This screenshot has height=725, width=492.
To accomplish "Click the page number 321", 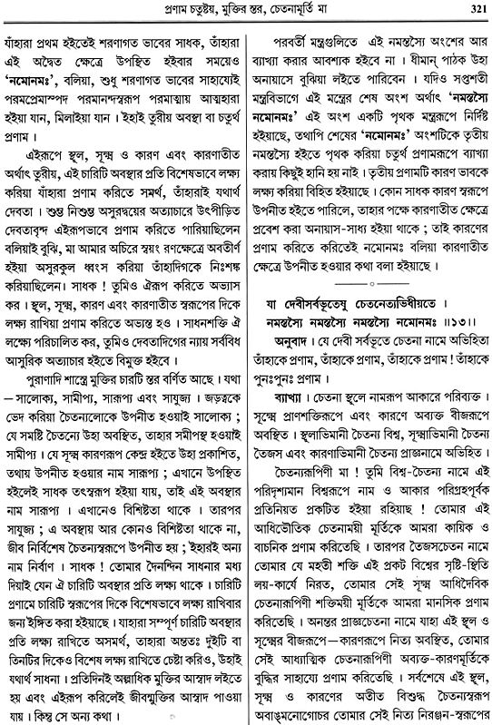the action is [x=473, y=9].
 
